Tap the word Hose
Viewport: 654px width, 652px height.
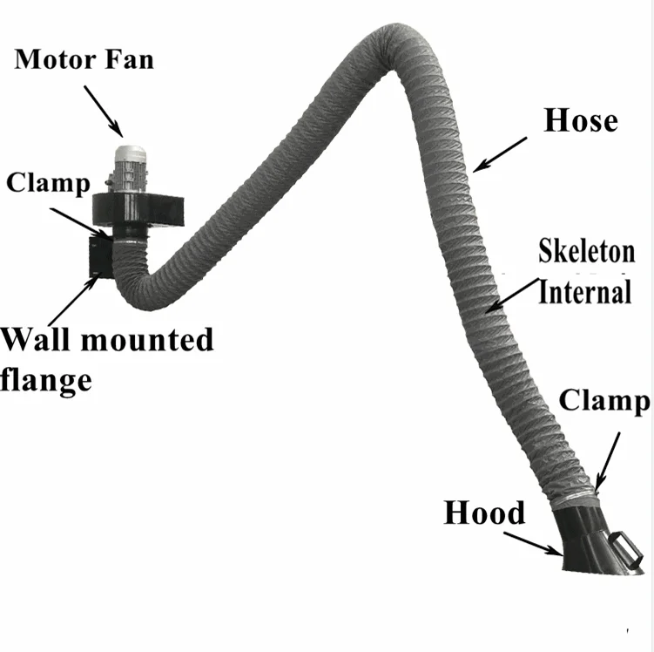(580, 120)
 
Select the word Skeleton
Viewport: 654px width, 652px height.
(586, 254)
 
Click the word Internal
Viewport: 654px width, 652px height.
(584, 291)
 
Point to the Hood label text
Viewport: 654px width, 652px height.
(484, 513)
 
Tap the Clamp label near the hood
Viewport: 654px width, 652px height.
(603, 401)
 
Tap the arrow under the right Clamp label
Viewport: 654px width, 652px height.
(610, 458)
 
